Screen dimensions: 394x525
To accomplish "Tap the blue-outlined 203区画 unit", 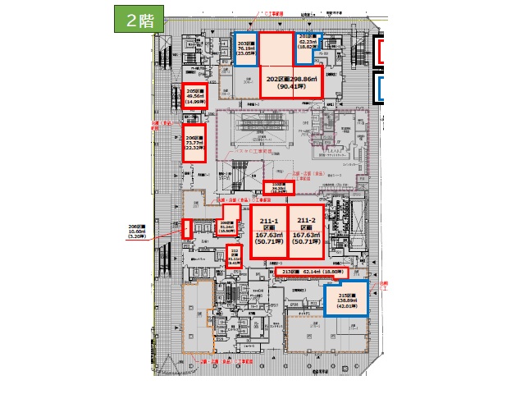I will pyautogui.click(x=246, y=53).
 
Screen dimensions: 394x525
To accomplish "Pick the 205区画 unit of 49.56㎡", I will pyautogui.click(x=194, y=97).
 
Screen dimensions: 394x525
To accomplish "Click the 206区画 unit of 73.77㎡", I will pyautogui.click(x=194, y=141).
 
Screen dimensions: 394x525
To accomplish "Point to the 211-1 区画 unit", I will pyautogui.click(x=269, y=231).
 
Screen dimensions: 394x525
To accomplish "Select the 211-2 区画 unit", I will pyautogui.click(x=308, y=231).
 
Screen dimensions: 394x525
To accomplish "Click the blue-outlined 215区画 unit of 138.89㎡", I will pyautogui.click(x=345, y=301).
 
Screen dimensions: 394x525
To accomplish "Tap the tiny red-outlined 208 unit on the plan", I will pyautogui.click(x=186, y=229).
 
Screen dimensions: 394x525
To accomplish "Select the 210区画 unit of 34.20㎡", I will pyautogui.click(x=277, y=187).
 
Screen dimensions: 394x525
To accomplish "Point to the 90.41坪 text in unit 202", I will pyautogui.click(x=293, y=85).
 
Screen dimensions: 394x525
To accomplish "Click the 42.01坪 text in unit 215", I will pyautogui.click(x=345, y=308).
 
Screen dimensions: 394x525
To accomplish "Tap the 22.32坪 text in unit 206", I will pyautogui.click(x=194, y=149).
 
